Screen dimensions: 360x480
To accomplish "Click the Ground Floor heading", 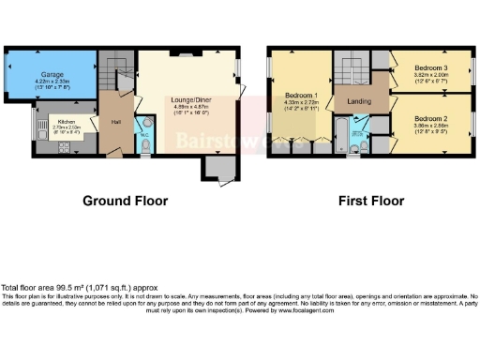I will click(126, 201).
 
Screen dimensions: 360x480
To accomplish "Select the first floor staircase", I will click(353, 69).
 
